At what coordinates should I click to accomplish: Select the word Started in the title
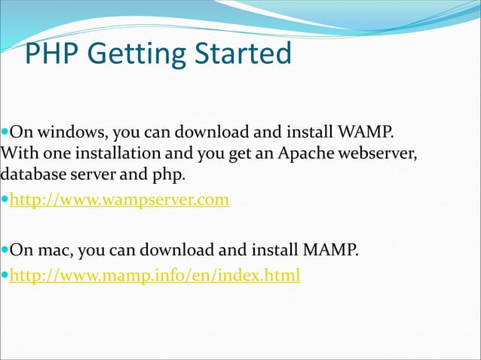click(243, 54)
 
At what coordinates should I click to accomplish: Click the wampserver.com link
click(119, 201)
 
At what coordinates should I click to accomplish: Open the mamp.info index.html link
click(155, 276)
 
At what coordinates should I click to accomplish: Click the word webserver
click(378, 154)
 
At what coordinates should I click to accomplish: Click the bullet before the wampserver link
click(5, 201)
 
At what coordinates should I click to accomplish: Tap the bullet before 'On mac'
click(5, 249)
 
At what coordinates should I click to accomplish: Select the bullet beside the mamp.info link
click(5, 276)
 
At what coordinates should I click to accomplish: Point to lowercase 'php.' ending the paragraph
click(168, 175)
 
